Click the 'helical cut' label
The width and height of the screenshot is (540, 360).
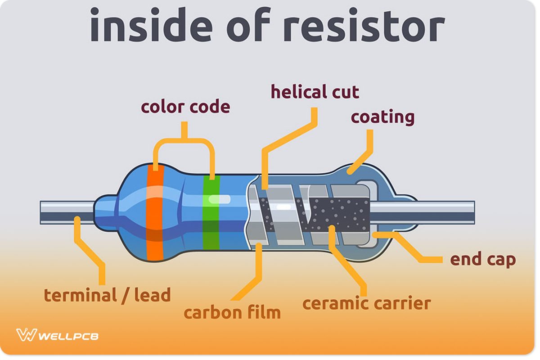click(x=315, y=92)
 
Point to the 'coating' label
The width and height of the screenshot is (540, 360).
click(x=382, y=117)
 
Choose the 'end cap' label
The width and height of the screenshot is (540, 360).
click(x=483, y=260)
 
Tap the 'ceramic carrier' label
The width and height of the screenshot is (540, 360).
click(x=366, y=303)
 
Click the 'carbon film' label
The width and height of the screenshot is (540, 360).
click(x=232, y=312)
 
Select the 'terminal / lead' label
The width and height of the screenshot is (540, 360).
click(x=107, y=296)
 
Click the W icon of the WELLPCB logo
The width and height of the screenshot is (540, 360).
click(x=26, y=335)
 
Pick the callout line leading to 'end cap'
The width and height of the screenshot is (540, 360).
click(x=418, y=252)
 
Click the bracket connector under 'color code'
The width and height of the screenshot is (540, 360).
click(x=184, y=139)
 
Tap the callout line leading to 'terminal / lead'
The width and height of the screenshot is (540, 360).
click(x=94, y=256)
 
